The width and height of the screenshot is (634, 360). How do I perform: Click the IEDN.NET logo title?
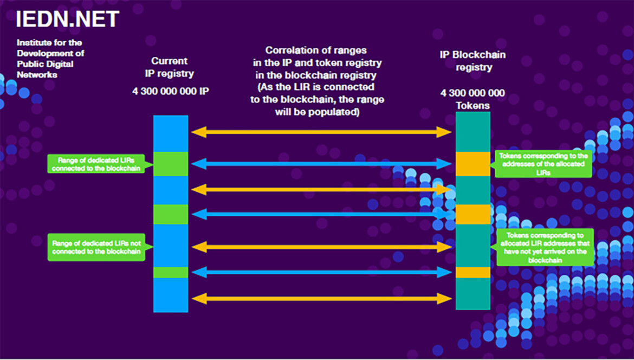pyautogui.click(x=67, y=20)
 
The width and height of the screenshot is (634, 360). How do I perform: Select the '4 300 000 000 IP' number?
pyautogui.click(x=170, y=91)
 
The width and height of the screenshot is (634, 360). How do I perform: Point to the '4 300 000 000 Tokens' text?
pyautogui.click(x=473, y=99)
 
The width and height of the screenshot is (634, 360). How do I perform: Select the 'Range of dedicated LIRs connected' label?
pyautogui.click(x=96, y=164)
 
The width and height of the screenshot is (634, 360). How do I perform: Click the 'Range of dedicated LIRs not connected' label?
pyautogui.click(x=96, y=247)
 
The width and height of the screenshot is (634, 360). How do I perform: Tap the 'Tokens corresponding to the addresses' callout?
pyautogui.click(x=543, y=164)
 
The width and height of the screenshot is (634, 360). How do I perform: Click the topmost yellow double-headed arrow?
pyautogui.click(x=321, y=132)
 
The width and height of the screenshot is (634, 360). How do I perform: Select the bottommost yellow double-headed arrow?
pyautogui.click(x=321, y=298)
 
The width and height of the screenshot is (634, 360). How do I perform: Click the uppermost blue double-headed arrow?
pyautogui.click(x=321, y=164)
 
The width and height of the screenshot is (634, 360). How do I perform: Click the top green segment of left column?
pyautogui.click(x=171, y=164)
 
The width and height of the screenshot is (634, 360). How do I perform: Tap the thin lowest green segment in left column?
pyautogui.click(x=171, y=272)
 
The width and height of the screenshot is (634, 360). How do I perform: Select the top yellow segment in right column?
pyautogui.click(x=473, y=164)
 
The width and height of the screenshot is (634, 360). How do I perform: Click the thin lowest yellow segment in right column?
pyautogui.click(x=473, y=272)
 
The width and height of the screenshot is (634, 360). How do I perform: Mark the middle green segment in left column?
pyautogui.click(x=171, y=214)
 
